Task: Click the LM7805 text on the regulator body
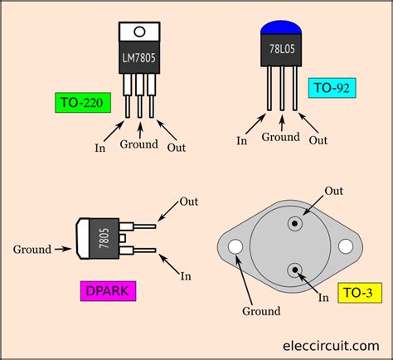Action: tap(139, 59)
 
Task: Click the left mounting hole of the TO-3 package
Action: tap(235, 247)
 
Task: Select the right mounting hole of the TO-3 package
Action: tap(347, 247)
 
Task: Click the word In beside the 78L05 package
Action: tap(242, 141)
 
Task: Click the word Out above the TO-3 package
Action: tap(333, 192)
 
